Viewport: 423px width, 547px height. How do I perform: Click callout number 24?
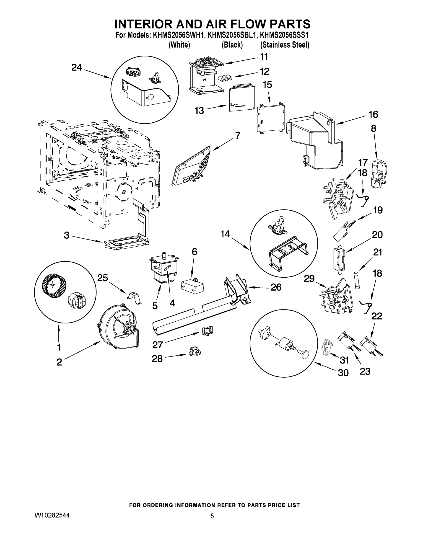(76, 67)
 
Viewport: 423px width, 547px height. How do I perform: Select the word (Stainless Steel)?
(285, 45)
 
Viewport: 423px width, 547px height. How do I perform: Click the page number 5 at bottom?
(212, 516)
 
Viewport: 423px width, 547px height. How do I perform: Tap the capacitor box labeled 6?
(192, 286)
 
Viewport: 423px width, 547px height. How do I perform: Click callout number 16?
(373, 114)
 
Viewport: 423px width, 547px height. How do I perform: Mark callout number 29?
(309, 279)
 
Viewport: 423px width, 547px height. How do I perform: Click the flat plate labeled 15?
(270, 118)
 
